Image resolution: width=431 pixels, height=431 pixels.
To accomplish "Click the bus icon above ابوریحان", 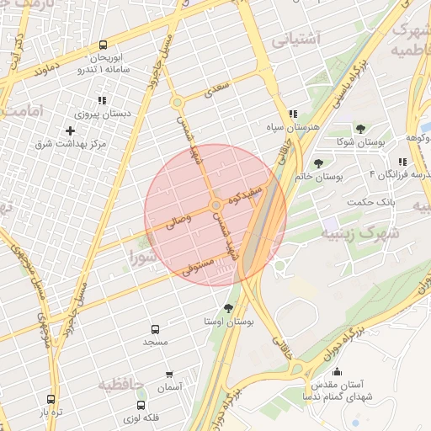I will tap(103, 45).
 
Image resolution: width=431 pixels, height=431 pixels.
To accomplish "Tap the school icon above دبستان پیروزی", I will tap(102, 101).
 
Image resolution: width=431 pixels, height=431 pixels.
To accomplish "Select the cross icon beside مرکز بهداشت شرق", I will tap(70, 130).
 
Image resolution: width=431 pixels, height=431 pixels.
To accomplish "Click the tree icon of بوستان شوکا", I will tap(360, 129).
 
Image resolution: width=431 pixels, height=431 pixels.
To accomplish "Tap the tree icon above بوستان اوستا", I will tap(229, 308).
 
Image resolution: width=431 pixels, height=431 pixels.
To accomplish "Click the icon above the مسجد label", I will tap(155, 329).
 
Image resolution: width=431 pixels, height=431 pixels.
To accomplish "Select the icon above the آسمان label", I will tap(169, 374).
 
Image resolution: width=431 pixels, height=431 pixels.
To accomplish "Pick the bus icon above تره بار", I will tap(51, 400).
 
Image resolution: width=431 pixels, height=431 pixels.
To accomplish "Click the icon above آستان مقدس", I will tap(338, 371).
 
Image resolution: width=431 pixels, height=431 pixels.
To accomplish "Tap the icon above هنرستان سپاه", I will tap(292, 114).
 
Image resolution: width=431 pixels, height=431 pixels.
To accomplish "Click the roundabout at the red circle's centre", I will tap(216, 205).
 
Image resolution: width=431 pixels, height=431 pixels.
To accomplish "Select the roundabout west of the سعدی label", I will tap(177, 103).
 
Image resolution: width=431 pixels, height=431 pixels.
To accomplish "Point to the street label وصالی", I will tap(178, 221).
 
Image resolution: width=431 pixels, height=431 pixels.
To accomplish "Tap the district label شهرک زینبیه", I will tap(359, 233).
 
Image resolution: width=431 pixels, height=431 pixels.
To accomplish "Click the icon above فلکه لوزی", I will tap(152, 403).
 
